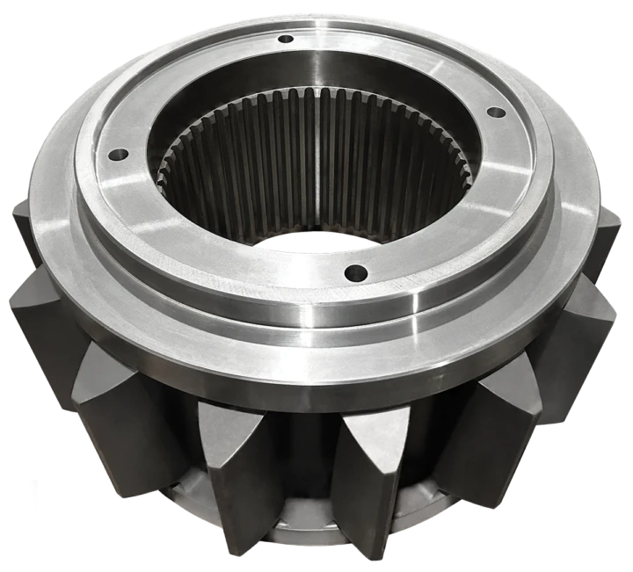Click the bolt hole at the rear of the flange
[286, 39]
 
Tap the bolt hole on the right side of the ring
[495, 112]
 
